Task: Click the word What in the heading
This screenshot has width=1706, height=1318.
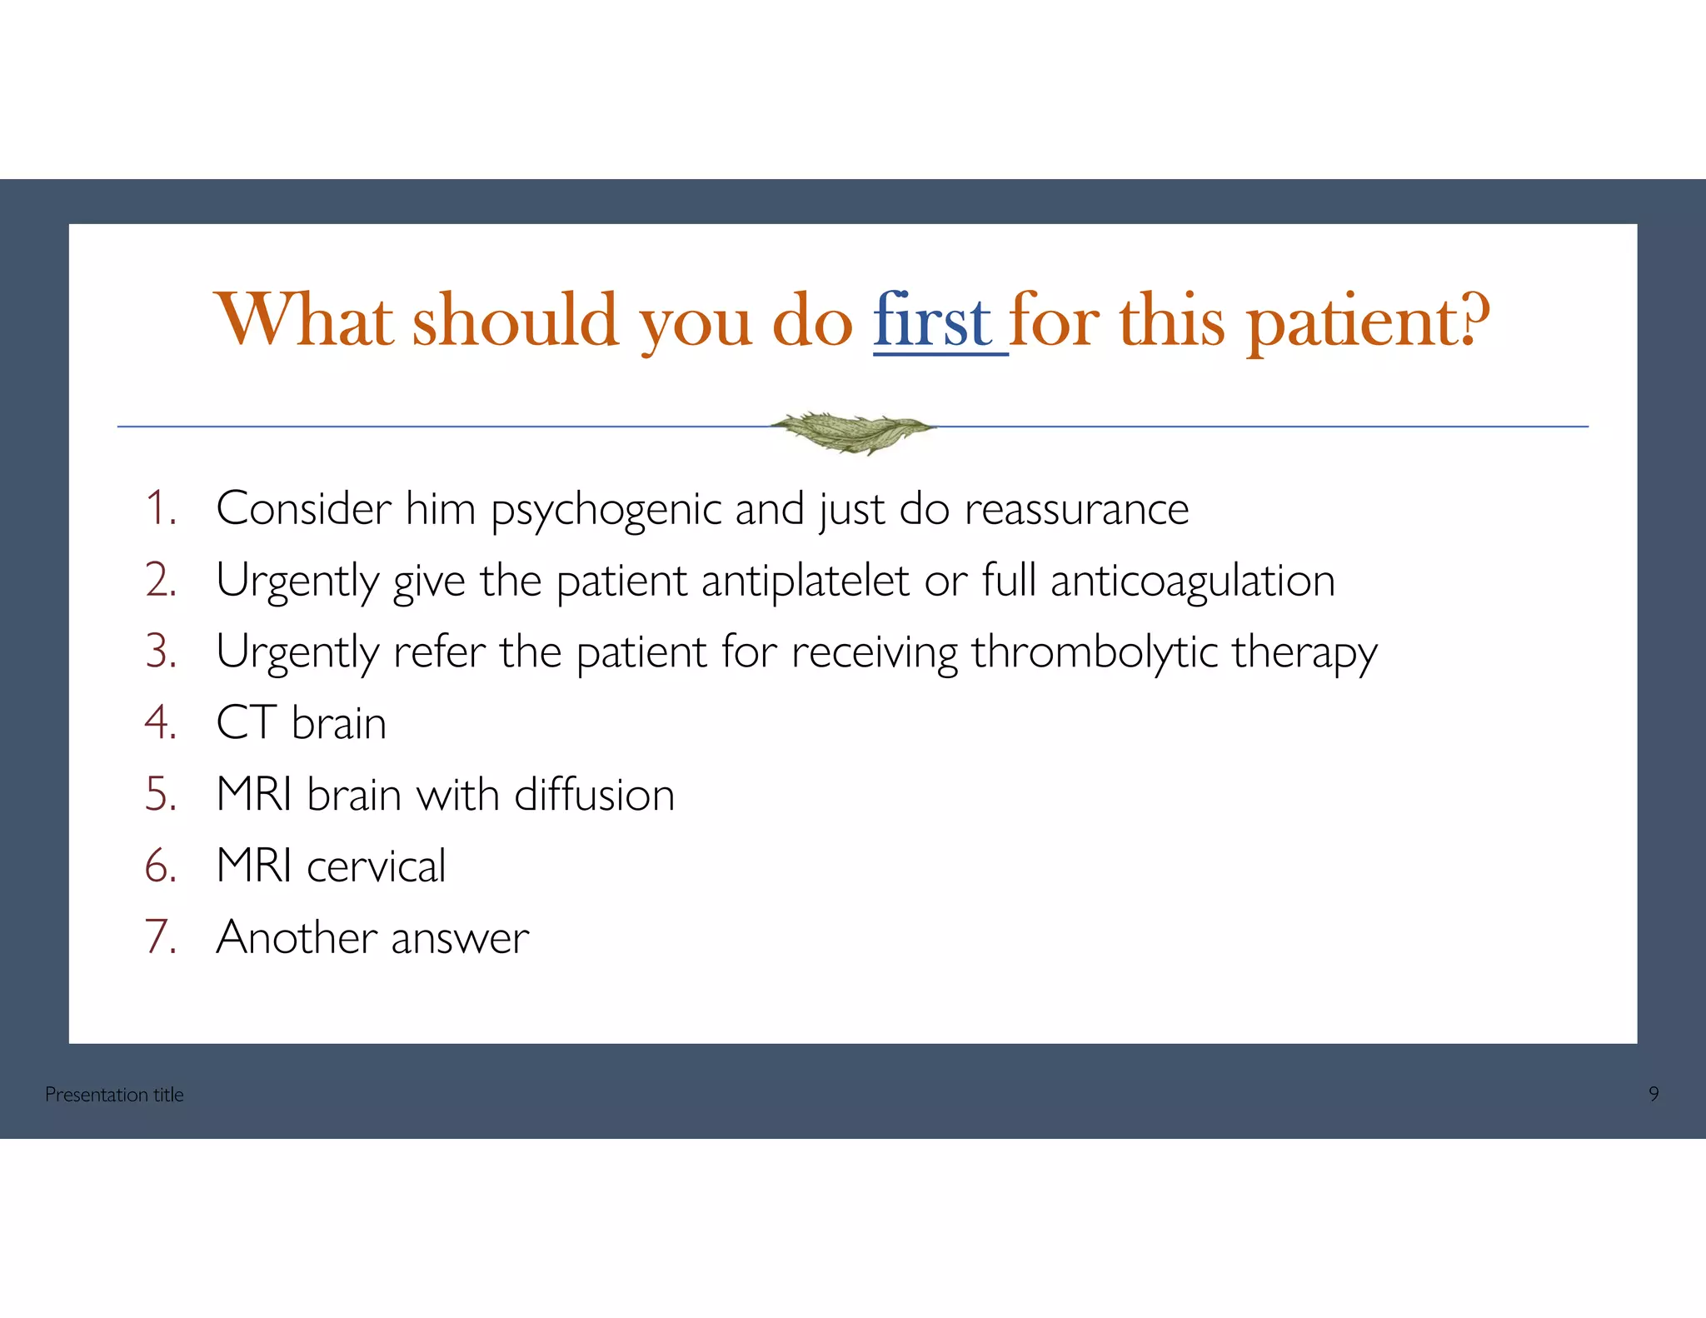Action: pos(303,321)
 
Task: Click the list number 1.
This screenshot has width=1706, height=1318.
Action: pos(161,508)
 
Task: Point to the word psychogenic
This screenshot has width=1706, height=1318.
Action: pos(606,510)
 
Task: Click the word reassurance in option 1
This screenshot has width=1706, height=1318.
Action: pos(1076,509)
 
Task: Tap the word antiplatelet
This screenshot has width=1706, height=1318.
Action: pos(805,581)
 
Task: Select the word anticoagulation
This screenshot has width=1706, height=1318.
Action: pos(1192,582)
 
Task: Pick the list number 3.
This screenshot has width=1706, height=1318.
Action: pos(161,652)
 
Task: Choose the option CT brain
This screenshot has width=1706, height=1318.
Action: pos(301,723)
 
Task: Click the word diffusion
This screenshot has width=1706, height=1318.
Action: pos(594,795)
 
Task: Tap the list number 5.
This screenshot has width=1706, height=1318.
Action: pos(161,795)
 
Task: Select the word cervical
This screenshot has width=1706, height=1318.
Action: pos(376,866)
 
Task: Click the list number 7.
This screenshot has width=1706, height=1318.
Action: pos(161,937)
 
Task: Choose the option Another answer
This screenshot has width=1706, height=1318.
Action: pos(372,938)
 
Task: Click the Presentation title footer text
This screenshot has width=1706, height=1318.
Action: pos(114,1095)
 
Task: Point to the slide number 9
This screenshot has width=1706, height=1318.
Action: pos(1654,1094)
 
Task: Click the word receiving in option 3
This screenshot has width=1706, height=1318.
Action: pos(874,652)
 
